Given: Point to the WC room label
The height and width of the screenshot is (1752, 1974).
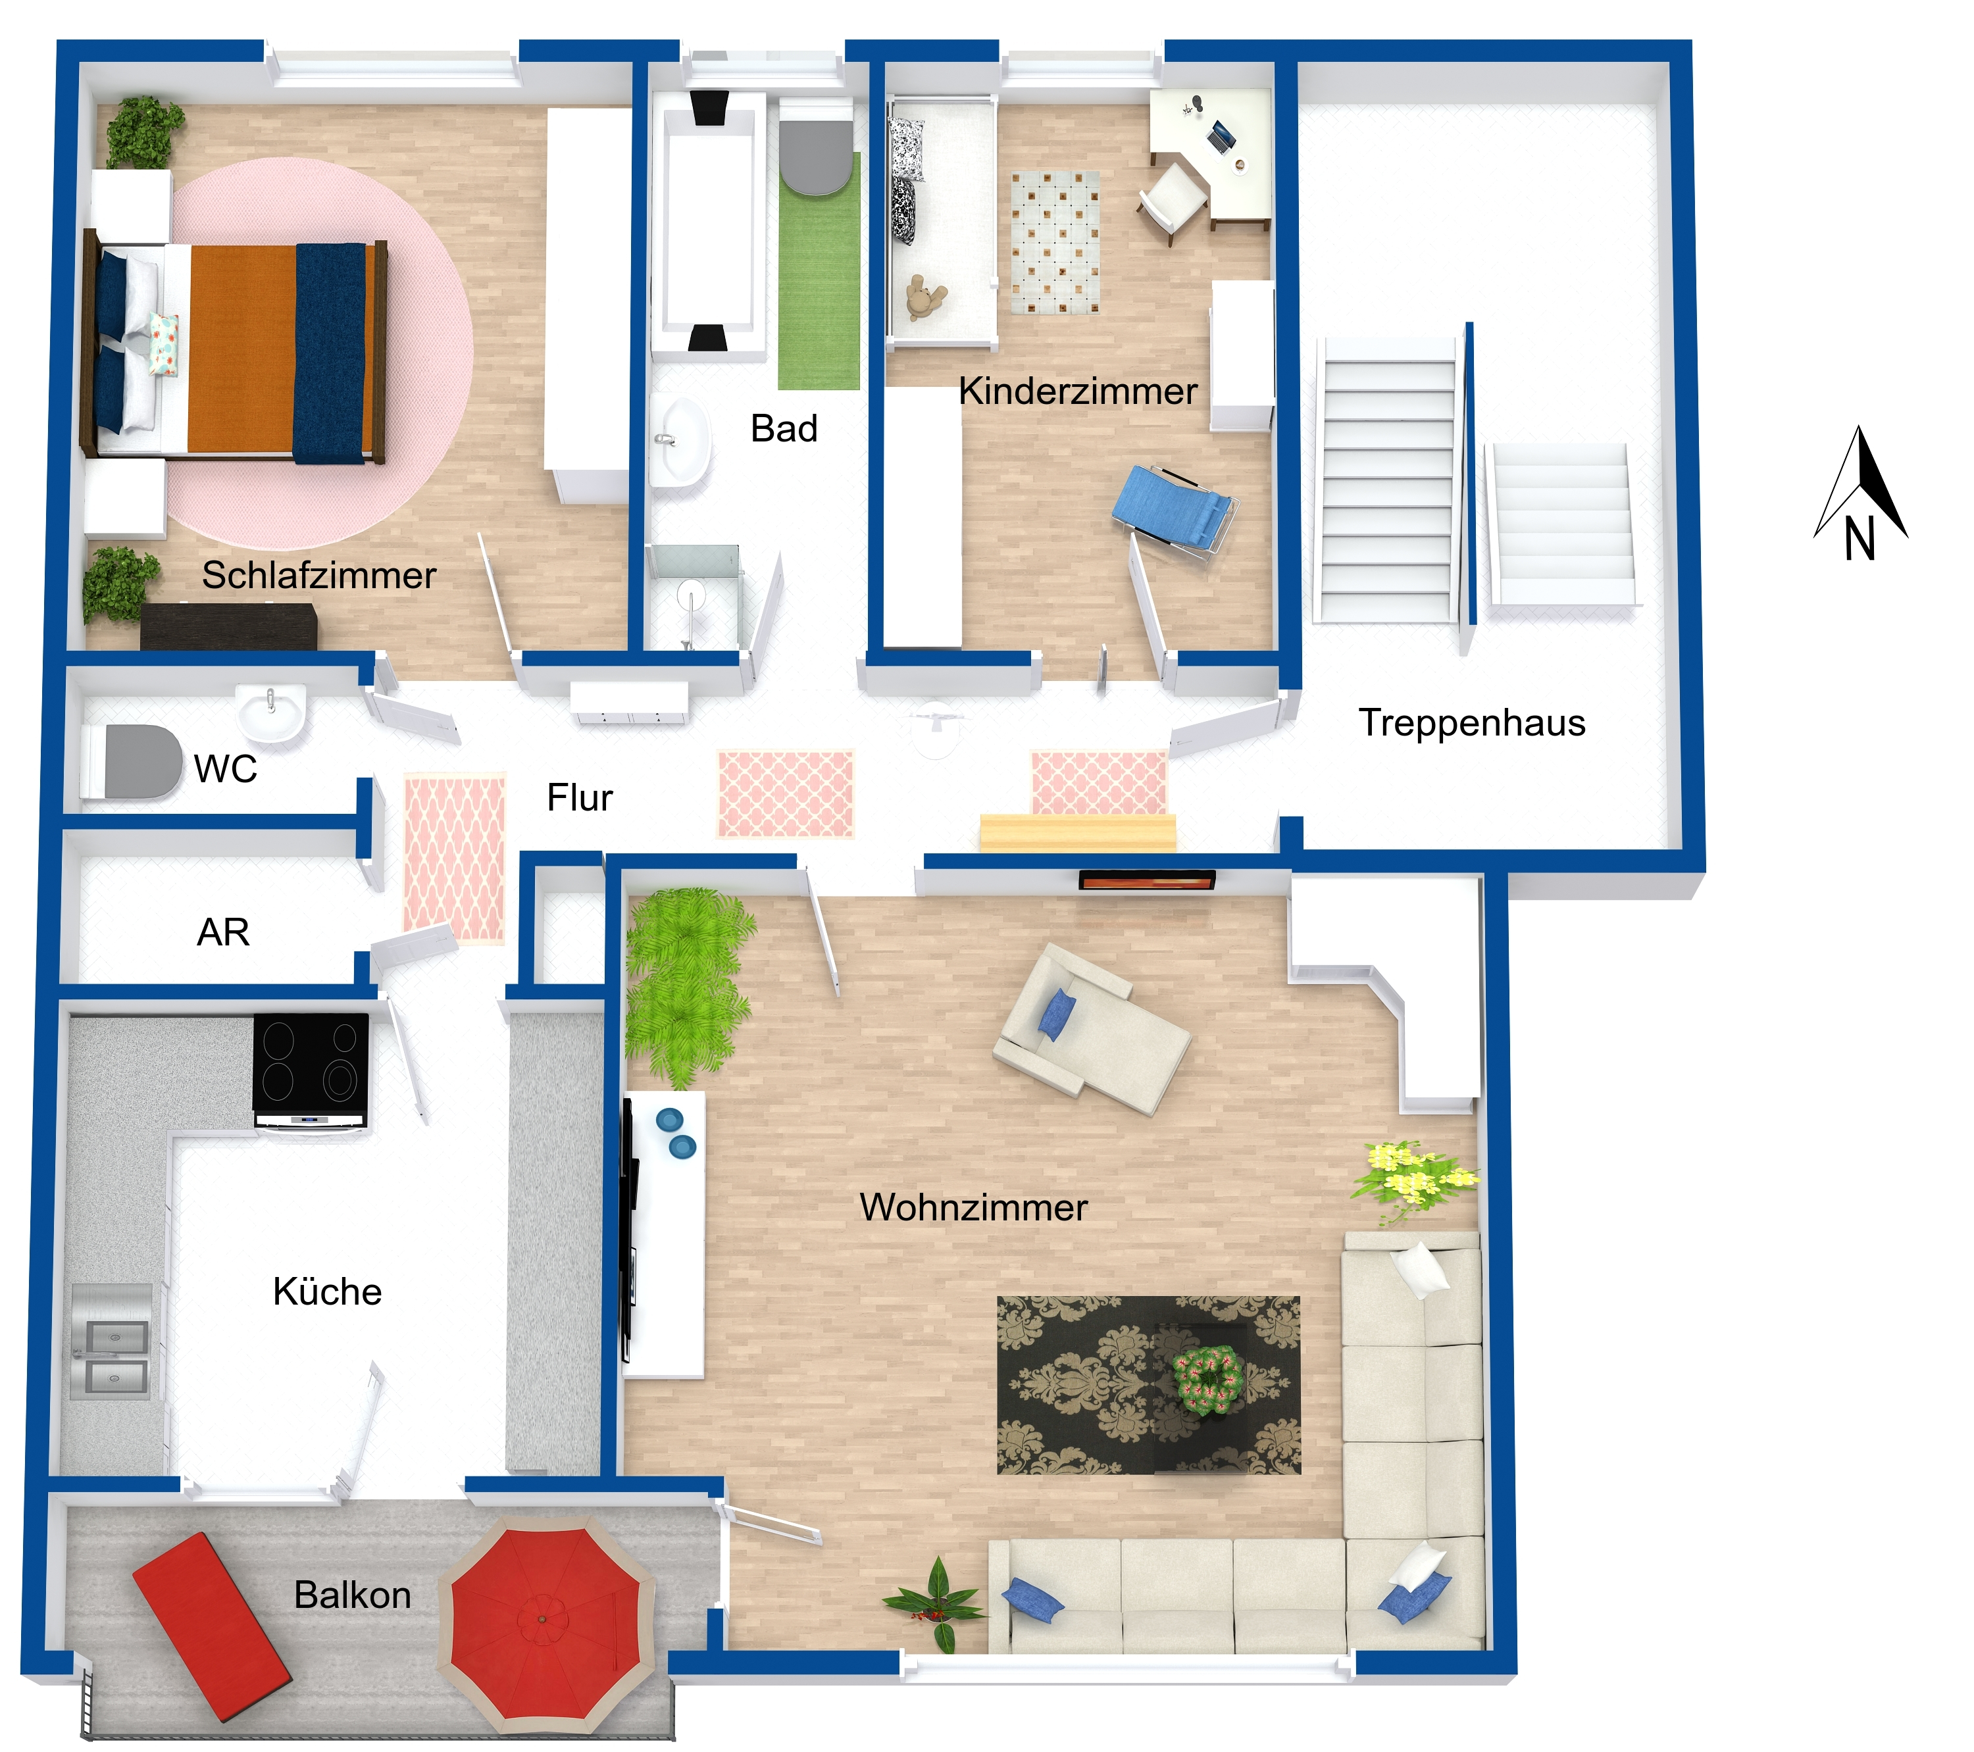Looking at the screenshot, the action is click(226, 769).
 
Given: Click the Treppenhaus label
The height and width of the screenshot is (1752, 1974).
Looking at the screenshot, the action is click(1472, 722).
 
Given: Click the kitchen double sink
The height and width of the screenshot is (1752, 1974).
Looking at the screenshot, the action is click(112, 1341).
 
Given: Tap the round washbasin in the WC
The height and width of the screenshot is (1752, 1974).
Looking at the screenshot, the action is click(271, 714).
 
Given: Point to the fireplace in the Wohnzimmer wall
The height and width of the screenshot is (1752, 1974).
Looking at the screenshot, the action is click(1146, 880).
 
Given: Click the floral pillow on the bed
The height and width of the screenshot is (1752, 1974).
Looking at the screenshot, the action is click(163, 344).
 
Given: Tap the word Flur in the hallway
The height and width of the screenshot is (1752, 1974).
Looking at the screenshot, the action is click(580, 798).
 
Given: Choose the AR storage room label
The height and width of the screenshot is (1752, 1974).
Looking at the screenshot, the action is click(223, 932).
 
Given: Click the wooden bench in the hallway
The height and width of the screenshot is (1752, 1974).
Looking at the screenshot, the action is click(1078, 832).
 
